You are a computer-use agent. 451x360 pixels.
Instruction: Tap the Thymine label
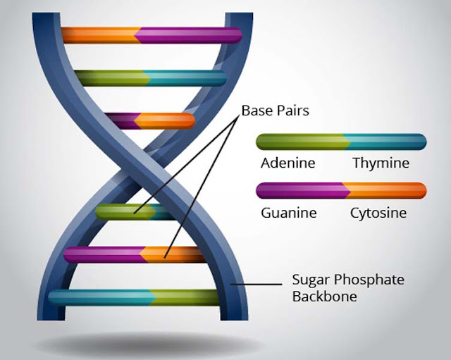pos(381,163)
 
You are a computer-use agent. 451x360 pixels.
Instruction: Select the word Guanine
pos(288,212)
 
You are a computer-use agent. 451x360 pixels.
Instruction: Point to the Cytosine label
pos(378,212)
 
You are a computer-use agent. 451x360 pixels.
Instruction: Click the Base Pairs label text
pos(276,111)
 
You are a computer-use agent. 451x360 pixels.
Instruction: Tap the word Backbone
pos(324,297)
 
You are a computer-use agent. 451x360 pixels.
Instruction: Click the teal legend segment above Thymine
pos(388,142)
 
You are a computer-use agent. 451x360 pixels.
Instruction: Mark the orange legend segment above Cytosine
pos(388,191)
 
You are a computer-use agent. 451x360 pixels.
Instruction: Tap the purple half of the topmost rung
pos(190,35)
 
